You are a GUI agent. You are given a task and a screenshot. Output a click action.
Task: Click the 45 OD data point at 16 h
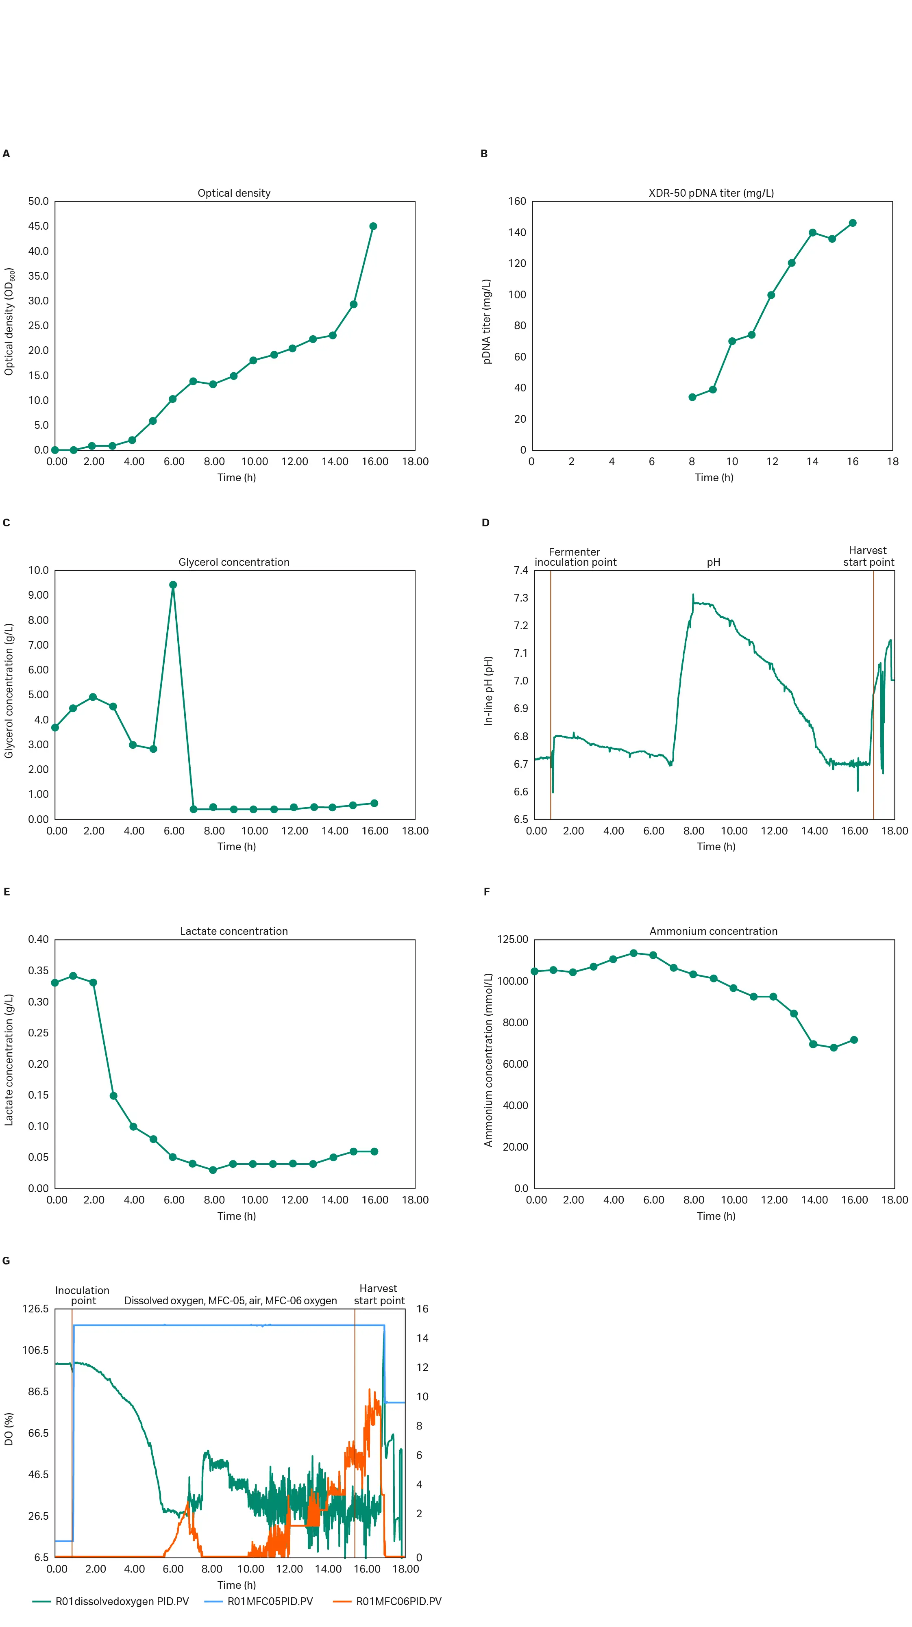pos(373,226)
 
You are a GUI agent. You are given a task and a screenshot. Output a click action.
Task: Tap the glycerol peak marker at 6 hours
pos(173,585)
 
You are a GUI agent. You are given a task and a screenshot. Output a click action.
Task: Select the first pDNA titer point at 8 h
pos(692,397)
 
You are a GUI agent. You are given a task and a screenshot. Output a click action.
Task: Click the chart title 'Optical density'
pos(234,193)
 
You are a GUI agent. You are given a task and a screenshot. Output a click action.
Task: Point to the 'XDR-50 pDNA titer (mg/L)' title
pos(711,193)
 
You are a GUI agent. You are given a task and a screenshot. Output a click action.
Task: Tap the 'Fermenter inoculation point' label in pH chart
pos(575,557)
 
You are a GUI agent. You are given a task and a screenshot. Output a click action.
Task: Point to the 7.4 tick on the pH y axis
pos(521,570)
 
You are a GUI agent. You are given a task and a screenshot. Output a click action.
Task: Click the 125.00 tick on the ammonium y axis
pos(513,939)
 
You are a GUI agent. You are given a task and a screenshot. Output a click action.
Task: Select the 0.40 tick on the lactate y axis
pos(38,939)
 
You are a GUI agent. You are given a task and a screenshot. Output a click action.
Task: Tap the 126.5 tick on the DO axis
pos(35,1309)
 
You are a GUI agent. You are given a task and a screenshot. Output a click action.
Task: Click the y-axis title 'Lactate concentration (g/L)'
pos(9,1060)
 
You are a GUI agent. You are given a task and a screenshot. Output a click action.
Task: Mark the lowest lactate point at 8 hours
pos(213,1170)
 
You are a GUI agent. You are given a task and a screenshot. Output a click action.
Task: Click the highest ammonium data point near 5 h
pos(633,953)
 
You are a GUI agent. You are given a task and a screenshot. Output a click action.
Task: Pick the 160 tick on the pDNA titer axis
pos(517,202)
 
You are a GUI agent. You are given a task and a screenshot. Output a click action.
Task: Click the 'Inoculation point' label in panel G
pos(82,1295)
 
